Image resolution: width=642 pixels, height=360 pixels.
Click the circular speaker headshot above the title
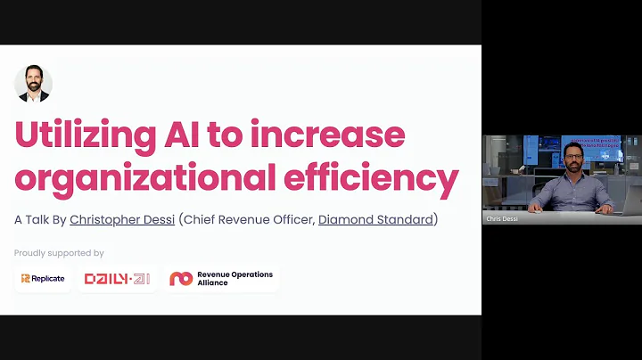[x=33, y=84]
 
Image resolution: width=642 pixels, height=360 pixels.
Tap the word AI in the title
[x=208, y=135]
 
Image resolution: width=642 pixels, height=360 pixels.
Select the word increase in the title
[x=342, y=135]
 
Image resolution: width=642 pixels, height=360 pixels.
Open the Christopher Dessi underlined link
[x=122, y=219]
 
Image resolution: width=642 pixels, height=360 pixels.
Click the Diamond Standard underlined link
[x=374, y=219]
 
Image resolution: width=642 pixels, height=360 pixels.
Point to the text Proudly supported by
[x=59, y=253]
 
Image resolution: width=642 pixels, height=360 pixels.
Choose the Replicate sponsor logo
[x=43, y=279]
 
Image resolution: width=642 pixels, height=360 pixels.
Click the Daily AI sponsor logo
[x=117, y=279]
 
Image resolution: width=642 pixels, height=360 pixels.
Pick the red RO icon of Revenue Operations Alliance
[x=181, y=279]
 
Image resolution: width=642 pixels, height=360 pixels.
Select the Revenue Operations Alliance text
[x=235, y=279]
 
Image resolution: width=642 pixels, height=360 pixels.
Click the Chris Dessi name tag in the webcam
[x=502, y=217]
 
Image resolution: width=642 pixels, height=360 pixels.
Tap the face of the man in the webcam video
[x=573, y=158]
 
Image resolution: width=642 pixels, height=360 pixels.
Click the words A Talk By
[x=40, y=219]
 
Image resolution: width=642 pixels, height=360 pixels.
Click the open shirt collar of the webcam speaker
[x=573, y=178]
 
